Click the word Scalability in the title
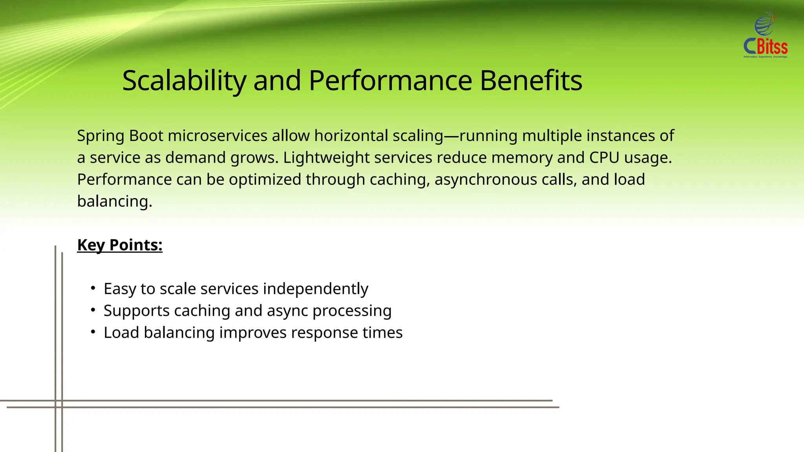[x=184, y=81]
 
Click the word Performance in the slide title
[x=390, y=81]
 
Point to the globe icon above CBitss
[x=764, y=24]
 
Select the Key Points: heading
[x=120, y=245]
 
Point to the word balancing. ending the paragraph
[x=114, y=202]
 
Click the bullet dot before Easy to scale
[x=93, y=288]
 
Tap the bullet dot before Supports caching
[x=93, y=310]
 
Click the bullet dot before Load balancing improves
[x=93, y=332]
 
